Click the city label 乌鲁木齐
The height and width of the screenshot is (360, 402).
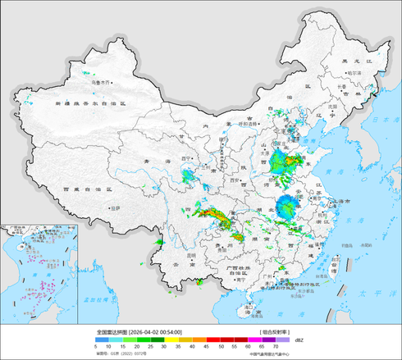click(102, 81)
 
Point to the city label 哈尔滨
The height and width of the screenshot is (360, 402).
click(354, 73)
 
